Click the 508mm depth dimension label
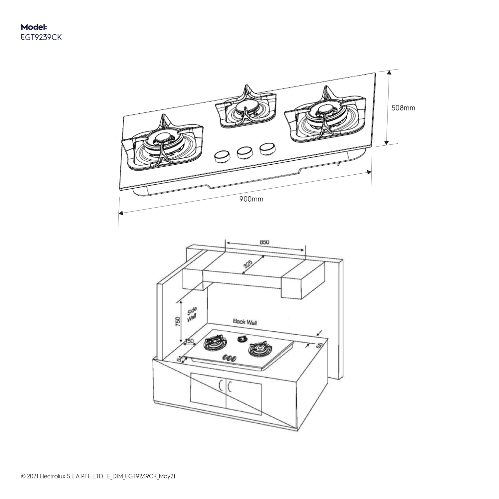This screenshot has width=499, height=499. (403, 108)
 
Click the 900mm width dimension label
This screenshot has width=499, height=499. (251, 199)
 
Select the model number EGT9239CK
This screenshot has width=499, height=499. (41, 37)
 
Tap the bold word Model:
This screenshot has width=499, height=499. (34, 27)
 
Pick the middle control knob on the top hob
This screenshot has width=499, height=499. (244, 152)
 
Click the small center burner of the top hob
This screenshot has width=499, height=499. (246, 109)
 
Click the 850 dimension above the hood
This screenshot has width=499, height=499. (264, 242)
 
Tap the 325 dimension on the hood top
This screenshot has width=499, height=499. (248, 265)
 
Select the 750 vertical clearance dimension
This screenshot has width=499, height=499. (178, 322)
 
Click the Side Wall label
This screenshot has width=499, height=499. (192, 314)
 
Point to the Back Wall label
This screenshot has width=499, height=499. (245, 322)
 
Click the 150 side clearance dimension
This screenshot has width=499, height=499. (189, 341)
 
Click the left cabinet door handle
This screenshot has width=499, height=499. (221, 386)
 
